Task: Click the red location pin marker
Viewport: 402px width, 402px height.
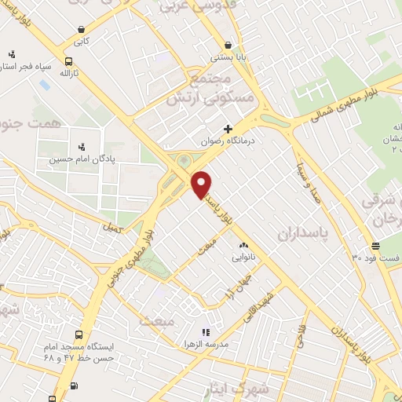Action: [202, 185]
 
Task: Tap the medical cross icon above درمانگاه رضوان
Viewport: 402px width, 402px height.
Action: [228, 129]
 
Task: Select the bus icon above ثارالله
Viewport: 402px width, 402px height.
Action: [69, 60]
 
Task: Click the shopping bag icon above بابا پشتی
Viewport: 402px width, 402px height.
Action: [228, 45]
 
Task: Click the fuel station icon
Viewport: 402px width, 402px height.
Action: [74, 385]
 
